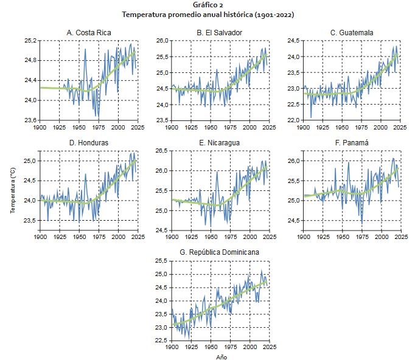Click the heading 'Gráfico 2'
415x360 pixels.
click(207, 5)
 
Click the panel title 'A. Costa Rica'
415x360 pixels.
click(88, 32)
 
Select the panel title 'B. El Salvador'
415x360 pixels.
click(219, 32)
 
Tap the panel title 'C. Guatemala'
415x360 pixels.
click(352, 32)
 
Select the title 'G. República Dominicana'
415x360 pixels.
click(220, 252)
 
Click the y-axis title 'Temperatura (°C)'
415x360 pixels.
click(13, 190)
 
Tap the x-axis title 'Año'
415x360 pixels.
click(221, 357)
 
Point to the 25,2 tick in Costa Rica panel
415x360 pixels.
click(29, 40)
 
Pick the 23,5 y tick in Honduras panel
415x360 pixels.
click(29, 220)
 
